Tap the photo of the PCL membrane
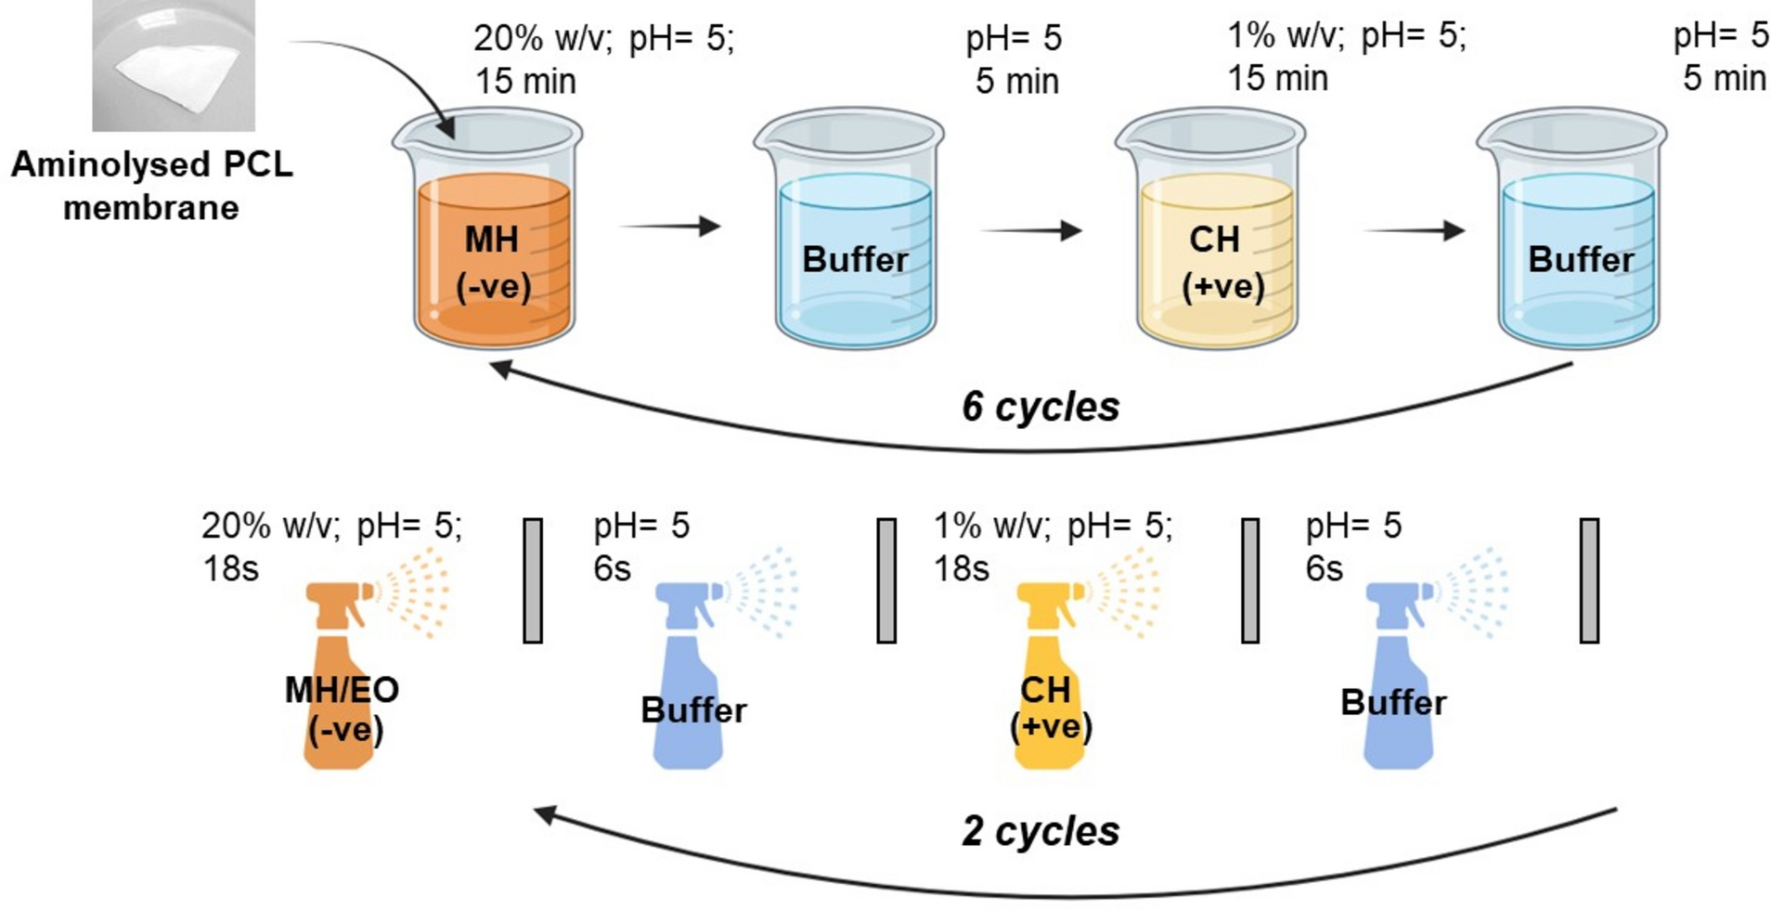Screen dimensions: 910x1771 click(174, 65)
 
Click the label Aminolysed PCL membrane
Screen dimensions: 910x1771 click(151, 186)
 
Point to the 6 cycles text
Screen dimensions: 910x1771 click(1040, 407)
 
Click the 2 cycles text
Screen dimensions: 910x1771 click(1040, 831)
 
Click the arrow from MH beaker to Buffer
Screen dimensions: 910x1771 click(670, 226)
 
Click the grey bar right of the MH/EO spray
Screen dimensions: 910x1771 click(533, 580)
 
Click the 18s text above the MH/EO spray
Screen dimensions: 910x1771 click(230, 568)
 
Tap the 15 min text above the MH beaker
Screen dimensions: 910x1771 click(525, 82)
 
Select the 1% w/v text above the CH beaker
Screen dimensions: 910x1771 click(1286, 37)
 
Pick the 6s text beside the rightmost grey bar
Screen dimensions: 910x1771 click(1324, 568)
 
